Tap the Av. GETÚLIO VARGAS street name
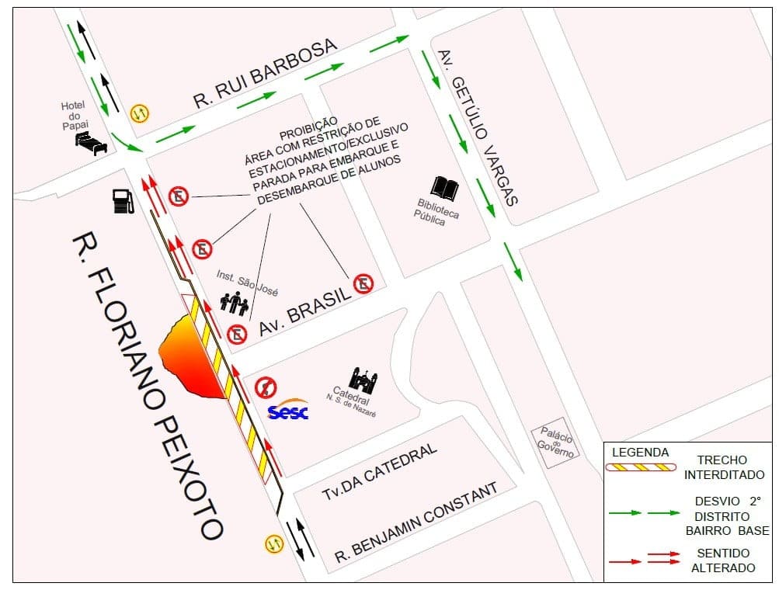478,128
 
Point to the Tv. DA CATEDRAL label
380,473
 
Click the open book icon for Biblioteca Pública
445,187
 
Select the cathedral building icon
363,378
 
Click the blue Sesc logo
287,411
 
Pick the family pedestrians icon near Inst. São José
234,303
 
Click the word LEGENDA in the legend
641,452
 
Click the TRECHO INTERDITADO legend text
722,467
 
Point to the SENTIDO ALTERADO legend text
723,560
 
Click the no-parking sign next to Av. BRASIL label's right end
363,284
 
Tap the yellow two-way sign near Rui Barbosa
140,113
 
